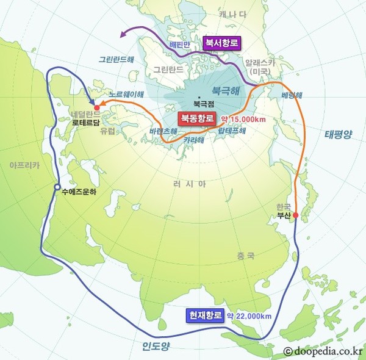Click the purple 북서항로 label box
point(222,43)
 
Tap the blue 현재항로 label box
point(205,315)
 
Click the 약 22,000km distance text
point(249,316)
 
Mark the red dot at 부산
point(295,215)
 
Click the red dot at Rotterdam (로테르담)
point(96,107)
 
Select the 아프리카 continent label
point(24,165)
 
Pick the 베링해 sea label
point(292,96)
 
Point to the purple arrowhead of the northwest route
point(123,35)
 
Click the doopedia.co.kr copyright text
point(322,351)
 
